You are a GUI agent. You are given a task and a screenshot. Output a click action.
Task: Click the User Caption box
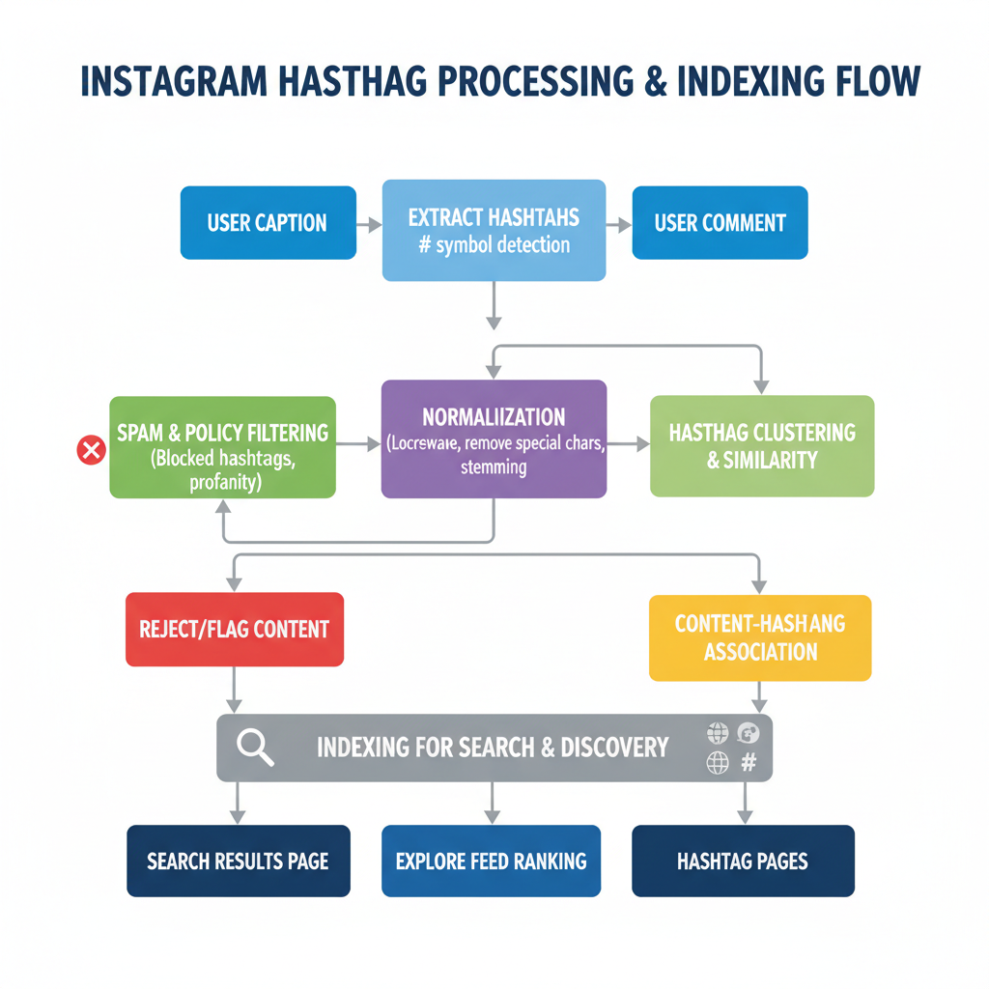[x=268, y=223]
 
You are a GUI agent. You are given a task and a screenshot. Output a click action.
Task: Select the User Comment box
[x=720, y=223]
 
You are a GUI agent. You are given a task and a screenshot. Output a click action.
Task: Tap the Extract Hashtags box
[x=494, y=230]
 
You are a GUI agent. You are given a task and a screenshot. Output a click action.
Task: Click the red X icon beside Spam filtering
[x=91, y=449]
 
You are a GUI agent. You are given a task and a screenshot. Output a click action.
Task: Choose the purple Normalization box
[x=494, y=438]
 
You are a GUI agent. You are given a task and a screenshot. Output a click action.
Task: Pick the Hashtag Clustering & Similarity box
[x=762, y=445]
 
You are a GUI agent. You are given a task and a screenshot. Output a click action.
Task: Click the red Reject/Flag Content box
[x=235, y=630]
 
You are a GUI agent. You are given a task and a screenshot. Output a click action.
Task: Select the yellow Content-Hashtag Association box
[x=760, y=637]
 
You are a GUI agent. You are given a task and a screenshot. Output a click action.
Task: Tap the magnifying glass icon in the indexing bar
[x=255, y=748]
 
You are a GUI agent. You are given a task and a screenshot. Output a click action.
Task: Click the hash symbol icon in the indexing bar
[x=748, y=763]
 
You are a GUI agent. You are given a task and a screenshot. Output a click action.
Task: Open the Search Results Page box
[x=238, y=861]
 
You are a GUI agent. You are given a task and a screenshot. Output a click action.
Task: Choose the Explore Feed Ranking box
[x=491, y=861]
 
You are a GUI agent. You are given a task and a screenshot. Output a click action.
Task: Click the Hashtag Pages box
[x=743, y=861]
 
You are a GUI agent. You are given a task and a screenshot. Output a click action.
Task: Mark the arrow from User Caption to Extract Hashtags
[x=369, y=224]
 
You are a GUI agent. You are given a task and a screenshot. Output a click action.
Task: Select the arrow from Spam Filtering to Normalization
[x=358, y=444]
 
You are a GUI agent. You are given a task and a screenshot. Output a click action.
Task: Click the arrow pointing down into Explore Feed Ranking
[x=493, y=802]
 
